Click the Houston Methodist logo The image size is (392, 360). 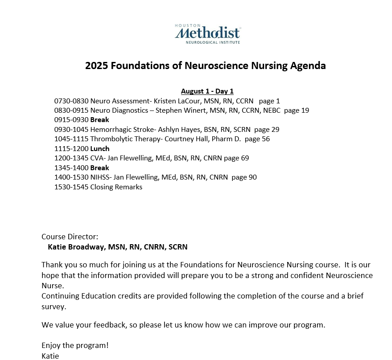tap(207, 33)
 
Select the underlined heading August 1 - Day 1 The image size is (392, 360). tap(207, 91)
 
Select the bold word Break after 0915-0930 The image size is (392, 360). tap(99, 120)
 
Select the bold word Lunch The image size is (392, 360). tap(99, 149)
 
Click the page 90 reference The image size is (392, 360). tap(244, 177)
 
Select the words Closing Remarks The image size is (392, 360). tap(116, 187)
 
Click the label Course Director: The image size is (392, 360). tap(70, 237)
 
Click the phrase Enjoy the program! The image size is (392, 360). tap(75, 345)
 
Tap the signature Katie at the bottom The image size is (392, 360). tap(50, 356)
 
